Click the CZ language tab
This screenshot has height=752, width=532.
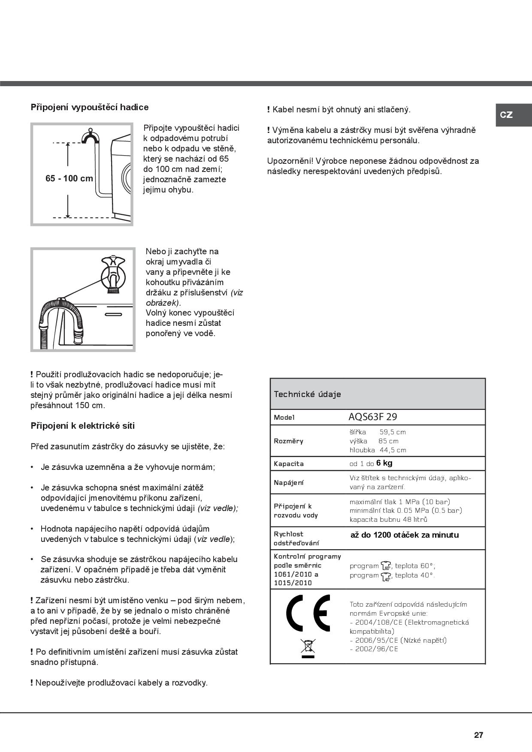pos(506,115)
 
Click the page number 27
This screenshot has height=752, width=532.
pos(478,735)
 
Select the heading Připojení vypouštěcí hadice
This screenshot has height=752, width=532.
pos(90,107)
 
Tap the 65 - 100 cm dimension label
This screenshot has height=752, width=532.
pos(69,178)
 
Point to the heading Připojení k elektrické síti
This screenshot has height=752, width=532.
pos(83,426)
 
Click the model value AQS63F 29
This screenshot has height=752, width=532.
pos(373,417)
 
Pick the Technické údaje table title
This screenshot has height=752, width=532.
pos(307,394)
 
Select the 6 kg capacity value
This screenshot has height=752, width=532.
pos(384,463)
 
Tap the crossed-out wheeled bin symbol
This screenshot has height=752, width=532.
pos(308,648)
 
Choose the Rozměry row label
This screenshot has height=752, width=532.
pos(288,441)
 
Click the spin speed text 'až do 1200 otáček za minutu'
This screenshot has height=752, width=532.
pos(405,535)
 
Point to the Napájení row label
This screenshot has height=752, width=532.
pos(288,482)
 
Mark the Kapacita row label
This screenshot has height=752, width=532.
pos(288,463)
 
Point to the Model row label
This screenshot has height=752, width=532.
pos(284,417)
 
